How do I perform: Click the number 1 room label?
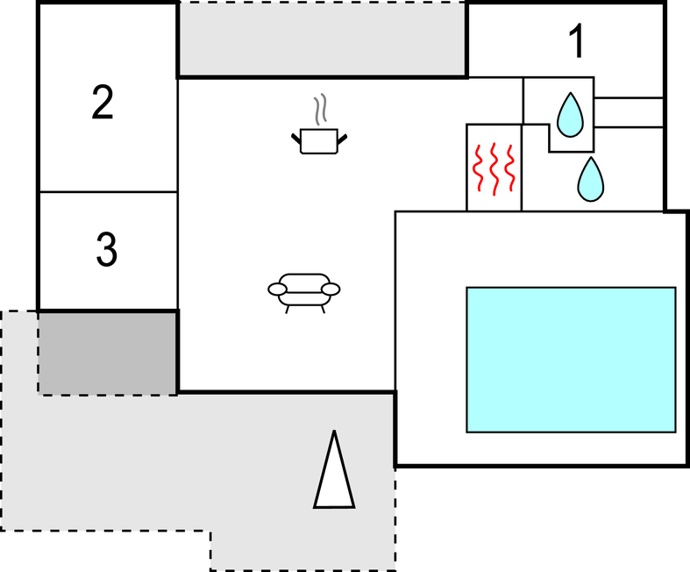coord(576,42)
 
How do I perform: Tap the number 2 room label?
coord(103,104)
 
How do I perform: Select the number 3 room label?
coord(105,250)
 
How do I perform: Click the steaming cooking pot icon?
coord(317,139)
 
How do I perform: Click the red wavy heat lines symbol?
coord(494,168)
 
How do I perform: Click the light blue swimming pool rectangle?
coord(570,359)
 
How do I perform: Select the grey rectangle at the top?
coord(322,39)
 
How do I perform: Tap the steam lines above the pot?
coord(322,109)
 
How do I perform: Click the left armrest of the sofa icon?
coord(277,289)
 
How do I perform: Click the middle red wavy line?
coord(494,168)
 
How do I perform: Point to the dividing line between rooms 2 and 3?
coord(108,192)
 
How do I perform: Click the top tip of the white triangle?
coord(334,433)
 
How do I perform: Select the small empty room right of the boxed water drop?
coord(628,112)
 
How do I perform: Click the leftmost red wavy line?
coord(479,168)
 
